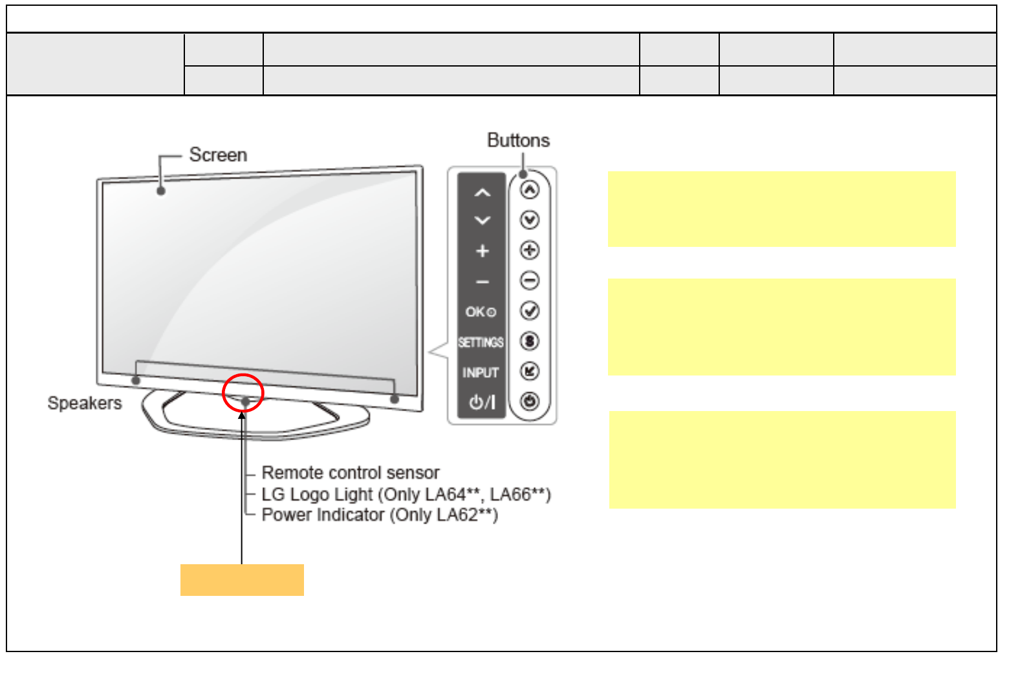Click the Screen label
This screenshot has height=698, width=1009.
pos(218,155)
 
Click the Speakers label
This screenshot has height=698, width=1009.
pos(85,403)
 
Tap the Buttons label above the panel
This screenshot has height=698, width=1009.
pos(518,140)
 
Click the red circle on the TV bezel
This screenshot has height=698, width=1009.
pos(243,393)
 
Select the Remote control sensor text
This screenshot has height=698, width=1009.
pos(351,472)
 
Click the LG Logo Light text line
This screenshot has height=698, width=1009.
pos(406,494)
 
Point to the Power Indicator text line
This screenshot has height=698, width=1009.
pos(380,515)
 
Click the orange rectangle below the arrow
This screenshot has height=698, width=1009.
pos(242,580)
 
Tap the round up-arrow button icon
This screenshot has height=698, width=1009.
pos(530,190)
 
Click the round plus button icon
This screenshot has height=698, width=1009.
pos(530,250)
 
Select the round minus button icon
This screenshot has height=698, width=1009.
pos(530,280)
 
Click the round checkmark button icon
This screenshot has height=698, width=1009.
pos(530,311)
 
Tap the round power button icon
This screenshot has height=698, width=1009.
pos(530,401)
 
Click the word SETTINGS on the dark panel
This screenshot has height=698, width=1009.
pos(481,343)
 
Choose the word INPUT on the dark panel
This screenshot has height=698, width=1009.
pos(481,373)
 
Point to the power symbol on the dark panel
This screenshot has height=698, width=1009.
pos(482,403)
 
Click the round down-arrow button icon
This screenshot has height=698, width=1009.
pos(530,220)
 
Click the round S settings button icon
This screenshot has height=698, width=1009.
pos(530,341)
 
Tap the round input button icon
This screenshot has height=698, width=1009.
pos(530,371)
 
